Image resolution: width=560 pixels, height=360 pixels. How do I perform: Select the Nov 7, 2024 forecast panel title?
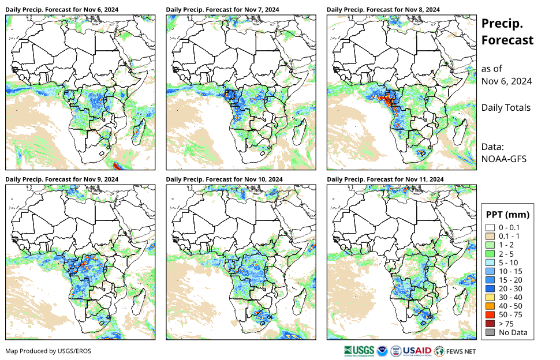pos(222,10)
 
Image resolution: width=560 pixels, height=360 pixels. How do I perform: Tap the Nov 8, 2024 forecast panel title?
pos(383,10)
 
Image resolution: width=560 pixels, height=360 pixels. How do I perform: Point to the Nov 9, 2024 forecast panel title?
pos(62,179)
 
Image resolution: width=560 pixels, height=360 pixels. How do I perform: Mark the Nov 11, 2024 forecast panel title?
pos(385,179)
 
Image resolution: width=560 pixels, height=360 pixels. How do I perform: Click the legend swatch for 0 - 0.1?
pos(490,228)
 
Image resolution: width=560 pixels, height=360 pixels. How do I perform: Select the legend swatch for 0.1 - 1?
pos(490,237)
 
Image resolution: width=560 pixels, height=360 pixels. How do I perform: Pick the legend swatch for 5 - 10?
pos(490,262)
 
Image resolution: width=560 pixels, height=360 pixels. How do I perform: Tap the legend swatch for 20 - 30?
pos(490,288)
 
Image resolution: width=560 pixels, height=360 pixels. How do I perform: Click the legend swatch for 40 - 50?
pos(490,306)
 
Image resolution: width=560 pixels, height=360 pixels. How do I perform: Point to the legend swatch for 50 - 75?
pos(490,314)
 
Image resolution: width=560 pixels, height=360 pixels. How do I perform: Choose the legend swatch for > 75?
pos(490,323)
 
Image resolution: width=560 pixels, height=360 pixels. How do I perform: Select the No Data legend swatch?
pos(490,332)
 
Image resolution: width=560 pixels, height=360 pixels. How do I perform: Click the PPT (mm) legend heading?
pos(507,215)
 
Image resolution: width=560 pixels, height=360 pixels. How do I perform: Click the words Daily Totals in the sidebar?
pos(506,107)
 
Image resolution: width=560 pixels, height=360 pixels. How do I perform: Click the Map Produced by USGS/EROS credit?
pos(48,351)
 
